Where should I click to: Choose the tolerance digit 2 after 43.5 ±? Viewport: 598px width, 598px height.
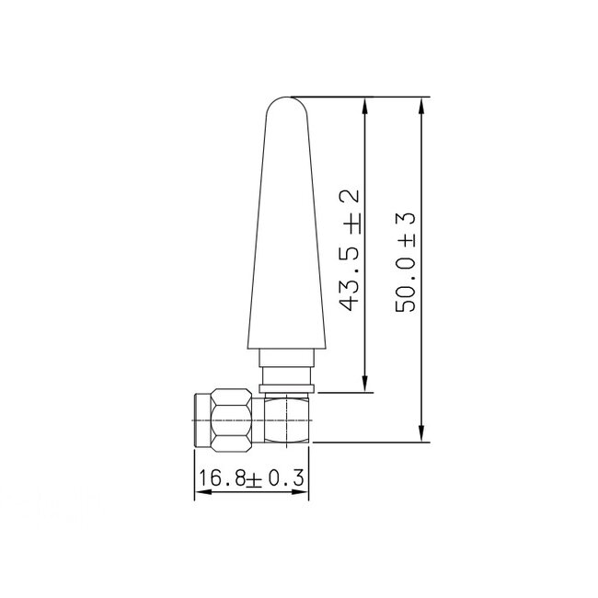[348, 201]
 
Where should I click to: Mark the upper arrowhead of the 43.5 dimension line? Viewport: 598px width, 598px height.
[366, 106]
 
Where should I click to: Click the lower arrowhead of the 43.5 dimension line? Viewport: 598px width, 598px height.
[366, 385]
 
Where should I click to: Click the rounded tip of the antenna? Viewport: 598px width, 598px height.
[284, 103]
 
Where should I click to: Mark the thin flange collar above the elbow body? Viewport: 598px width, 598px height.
[289, 389]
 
